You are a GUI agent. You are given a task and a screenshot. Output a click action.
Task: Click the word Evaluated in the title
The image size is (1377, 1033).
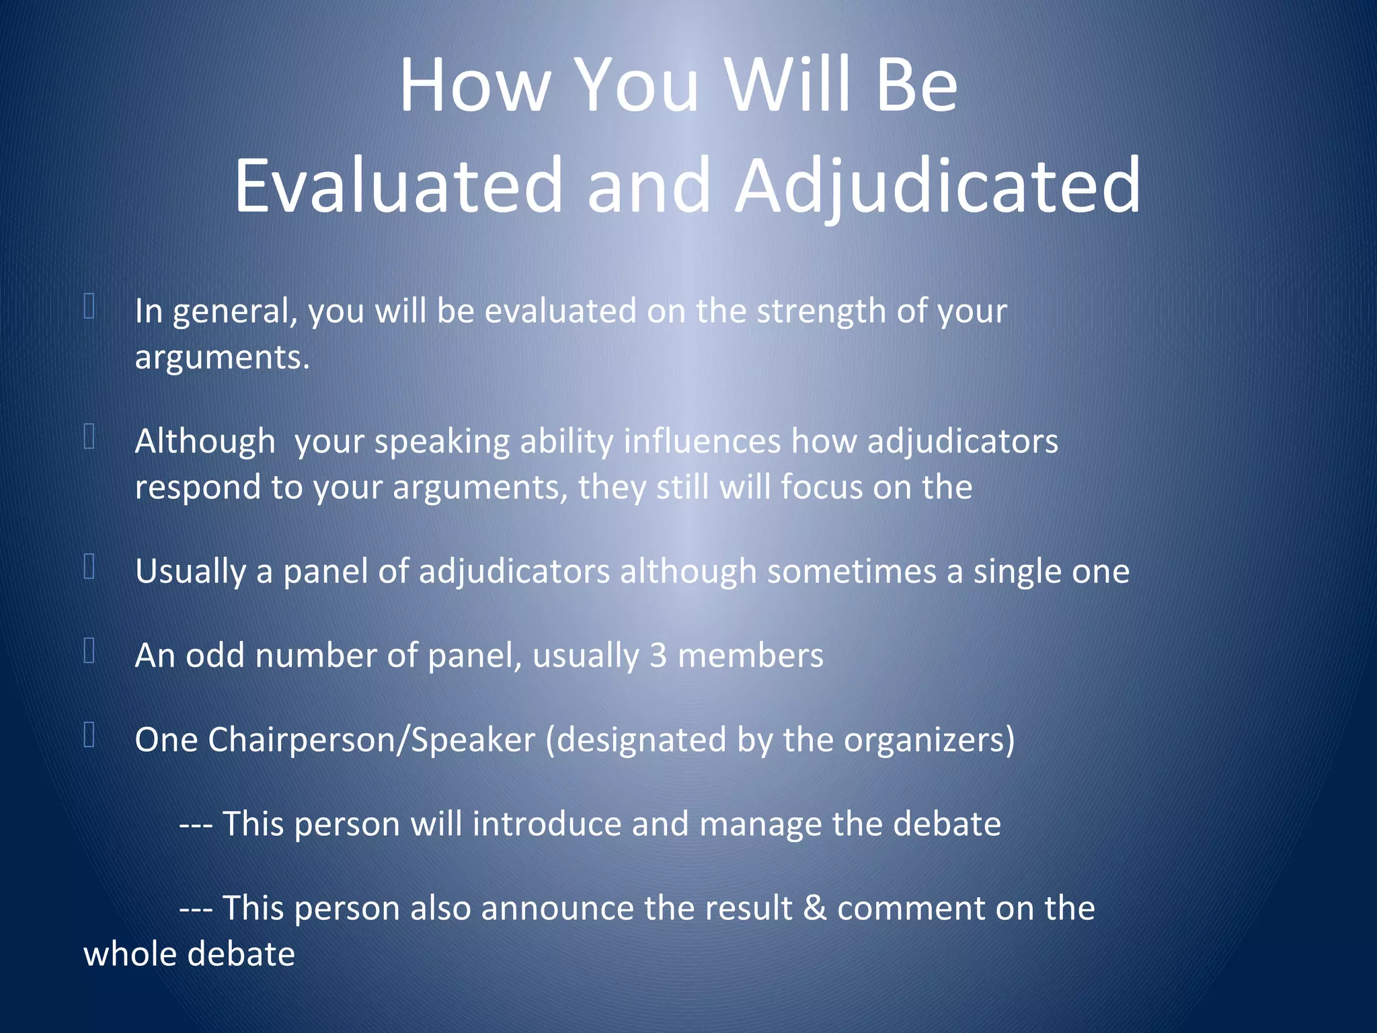coord(398,185)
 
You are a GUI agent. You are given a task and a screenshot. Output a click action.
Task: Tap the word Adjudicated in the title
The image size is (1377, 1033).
coord(938,185)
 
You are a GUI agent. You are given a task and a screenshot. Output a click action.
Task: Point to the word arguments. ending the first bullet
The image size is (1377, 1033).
coord(222,357)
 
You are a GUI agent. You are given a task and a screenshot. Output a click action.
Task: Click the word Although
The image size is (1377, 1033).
coord(205,442)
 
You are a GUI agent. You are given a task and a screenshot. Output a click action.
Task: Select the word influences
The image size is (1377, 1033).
coord(702,442)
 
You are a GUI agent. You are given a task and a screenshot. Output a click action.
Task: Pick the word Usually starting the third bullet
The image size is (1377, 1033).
coord(190,572)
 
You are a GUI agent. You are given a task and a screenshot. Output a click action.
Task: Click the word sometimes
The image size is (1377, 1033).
coord(851,572)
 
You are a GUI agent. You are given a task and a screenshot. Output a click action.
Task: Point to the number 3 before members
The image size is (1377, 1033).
coord(658,656)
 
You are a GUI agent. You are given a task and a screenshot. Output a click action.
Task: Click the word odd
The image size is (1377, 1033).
coord(215,656)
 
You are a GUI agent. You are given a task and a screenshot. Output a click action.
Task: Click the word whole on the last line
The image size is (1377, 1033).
coord(126,954)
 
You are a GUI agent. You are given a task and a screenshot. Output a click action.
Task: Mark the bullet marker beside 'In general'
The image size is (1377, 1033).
coord(89,306)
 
